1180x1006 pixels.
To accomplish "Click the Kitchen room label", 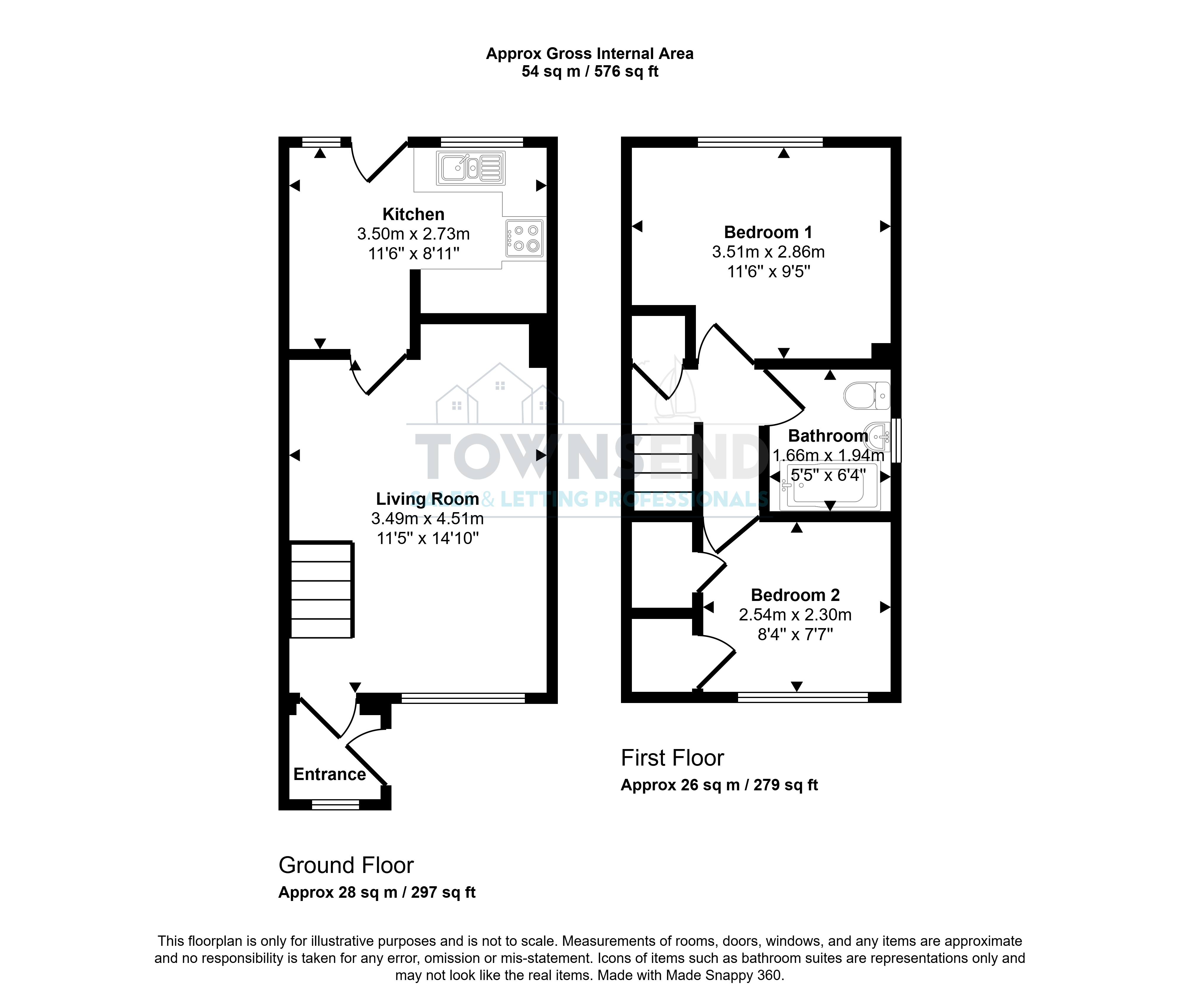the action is click(414, 214).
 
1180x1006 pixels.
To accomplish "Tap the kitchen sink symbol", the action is click(471, 168).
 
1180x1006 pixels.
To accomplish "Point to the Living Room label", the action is click(427, 499).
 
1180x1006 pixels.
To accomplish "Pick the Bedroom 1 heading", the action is click(768, 232).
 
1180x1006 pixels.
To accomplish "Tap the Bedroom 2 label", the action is click(796, 595).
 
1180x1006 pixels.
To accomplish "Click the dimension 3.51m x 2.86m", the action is click(768, 252).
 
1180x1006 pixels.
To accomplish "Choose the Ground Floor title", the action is click(346, 865).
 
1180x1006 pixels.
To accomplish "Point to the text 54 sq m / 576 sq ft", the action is click(590, 72).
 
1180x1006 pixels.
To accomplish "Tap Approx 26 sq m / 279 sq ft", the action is click(719, 785).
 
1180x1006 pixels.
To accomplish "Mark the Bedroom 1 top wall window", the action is click(760, 142).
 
